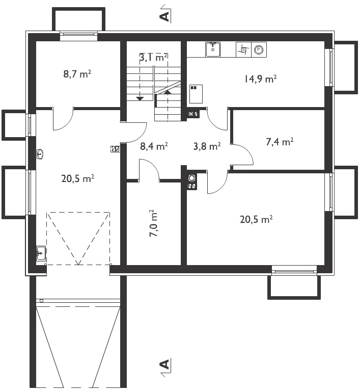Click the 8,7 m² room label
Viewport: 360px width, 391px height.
(x=77, y=74)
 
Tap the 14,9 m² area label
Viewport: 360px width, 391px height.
(x=260, y=79)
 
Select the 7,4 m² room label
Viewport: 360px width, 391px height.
(x=280, y=142)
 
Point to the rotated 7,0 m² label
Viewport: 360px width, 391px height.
(x=153, y=223)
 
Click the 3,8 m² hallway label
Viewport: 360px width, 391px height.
(x=207, y=146)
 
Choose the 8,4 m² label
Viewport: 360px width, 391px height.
(x=154, y=146)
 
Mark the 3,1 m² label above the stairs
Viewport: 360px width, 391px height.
(x=153, y=58)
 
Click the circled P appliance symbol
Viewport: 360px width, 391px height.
(x=259, y=50)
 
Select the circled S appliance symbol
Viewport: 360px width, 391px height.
(x=243, y=50)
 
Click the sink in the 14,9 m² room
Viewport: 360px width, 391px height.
(x=213, y=49)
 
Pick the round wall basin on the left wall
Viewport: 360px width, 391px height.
(x=40, y=153)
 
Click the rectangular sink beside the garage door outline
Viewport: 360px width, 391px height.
(x=41, y=253)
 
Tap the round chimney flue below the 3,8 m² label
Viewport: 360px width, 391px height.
(x=192, y=178)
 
